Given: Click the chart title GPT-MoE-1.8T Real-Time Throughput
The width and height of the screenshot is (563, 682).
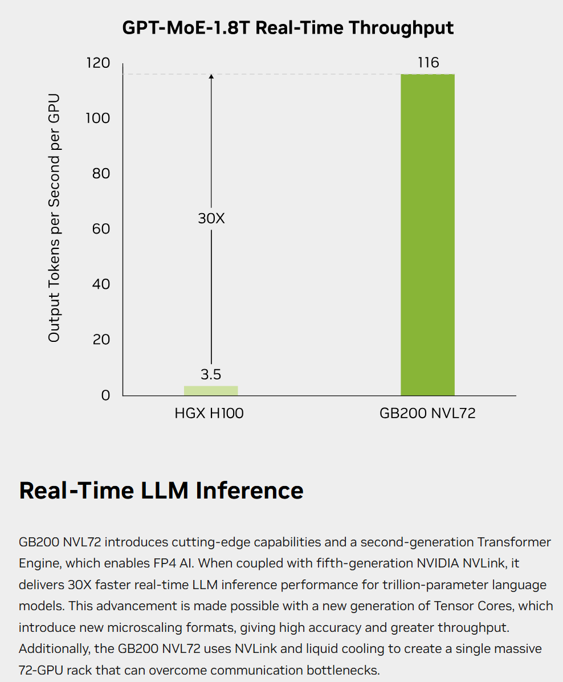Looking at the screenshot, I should pyautogui.click(x=288, y=27).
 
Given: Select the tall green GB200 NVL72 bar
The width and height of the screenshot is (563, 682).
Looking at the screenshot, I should pyautogui.click(x=427, y=234).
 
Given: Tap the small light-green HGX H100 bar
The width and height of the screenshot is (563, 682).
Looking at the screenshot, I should pyautogui.click(x=211, y=390).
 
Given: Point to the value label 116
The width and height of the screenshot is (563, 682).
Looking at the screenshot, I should pyautogui.click(x=428, y=62).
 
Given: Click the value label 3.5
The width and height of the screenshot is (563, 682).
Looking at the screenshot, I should pyautogui.click(x=211, y=374).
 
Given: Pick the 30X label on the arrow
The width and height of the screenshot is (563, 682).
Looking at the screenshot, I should pyautogui.click(x=211, y=218).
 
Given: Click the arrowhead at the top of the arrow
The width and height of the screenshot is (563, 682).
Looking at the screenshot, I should pyautogui.click(x=211, y=76).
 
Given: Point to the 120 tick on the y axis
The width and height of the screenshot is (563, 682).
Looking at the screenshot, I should pyautogui.click(x=98, y=63).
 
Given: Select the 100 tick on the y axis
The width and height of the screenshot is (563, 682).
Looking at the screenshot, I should pyautogui.click(x=98, y=118).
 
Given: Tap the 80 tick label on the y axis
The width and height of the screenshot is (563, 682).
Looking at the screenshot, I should pyautogui.click(x=101, y=173).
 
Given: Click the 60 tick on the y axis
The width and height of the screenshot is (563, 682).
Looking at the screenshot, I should pyautogui.click(x=101, y=229).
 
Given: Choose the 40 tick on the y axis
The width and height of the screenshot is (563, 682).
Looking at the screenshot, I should pyautogui.click(x=101, y=284).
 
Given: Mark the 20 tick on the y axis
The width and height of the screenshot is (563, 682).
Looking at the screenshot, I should pyautogui.click(x=101, y=340).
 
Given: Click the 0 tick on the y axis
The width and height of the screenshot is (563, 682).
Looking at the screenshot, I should pyautogui.click(x=105, y=395).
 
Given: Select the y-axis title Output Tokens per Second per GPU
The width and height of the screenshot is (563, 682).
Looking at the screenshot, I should pyautogui.click(x=54, y=218).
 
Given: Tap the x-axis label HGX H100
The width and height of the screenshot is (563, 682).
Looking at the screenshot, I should pyautogui.click(x=209, y=414).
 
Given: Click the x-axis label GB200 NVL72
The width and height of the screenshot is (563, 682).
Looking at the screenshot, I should pyautogui.click(x=427, y=414).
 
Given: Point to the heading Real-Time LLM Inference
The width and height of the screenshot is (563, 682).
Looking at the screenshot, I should pyautogui.click(x=161, y=491).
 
